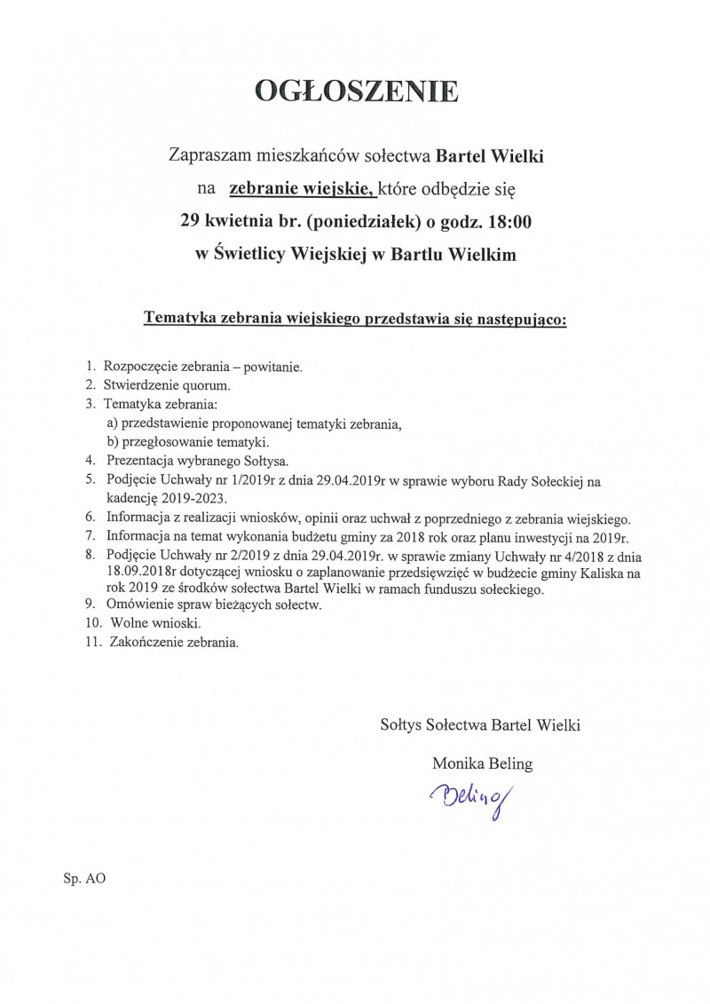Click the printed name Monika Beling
coord(483,763)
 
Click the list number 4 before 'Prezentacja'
coord(91,461)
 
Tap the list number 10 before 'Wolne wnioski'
coord(91,623)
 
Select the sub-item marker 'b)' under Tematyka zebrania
coord(113,441)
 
